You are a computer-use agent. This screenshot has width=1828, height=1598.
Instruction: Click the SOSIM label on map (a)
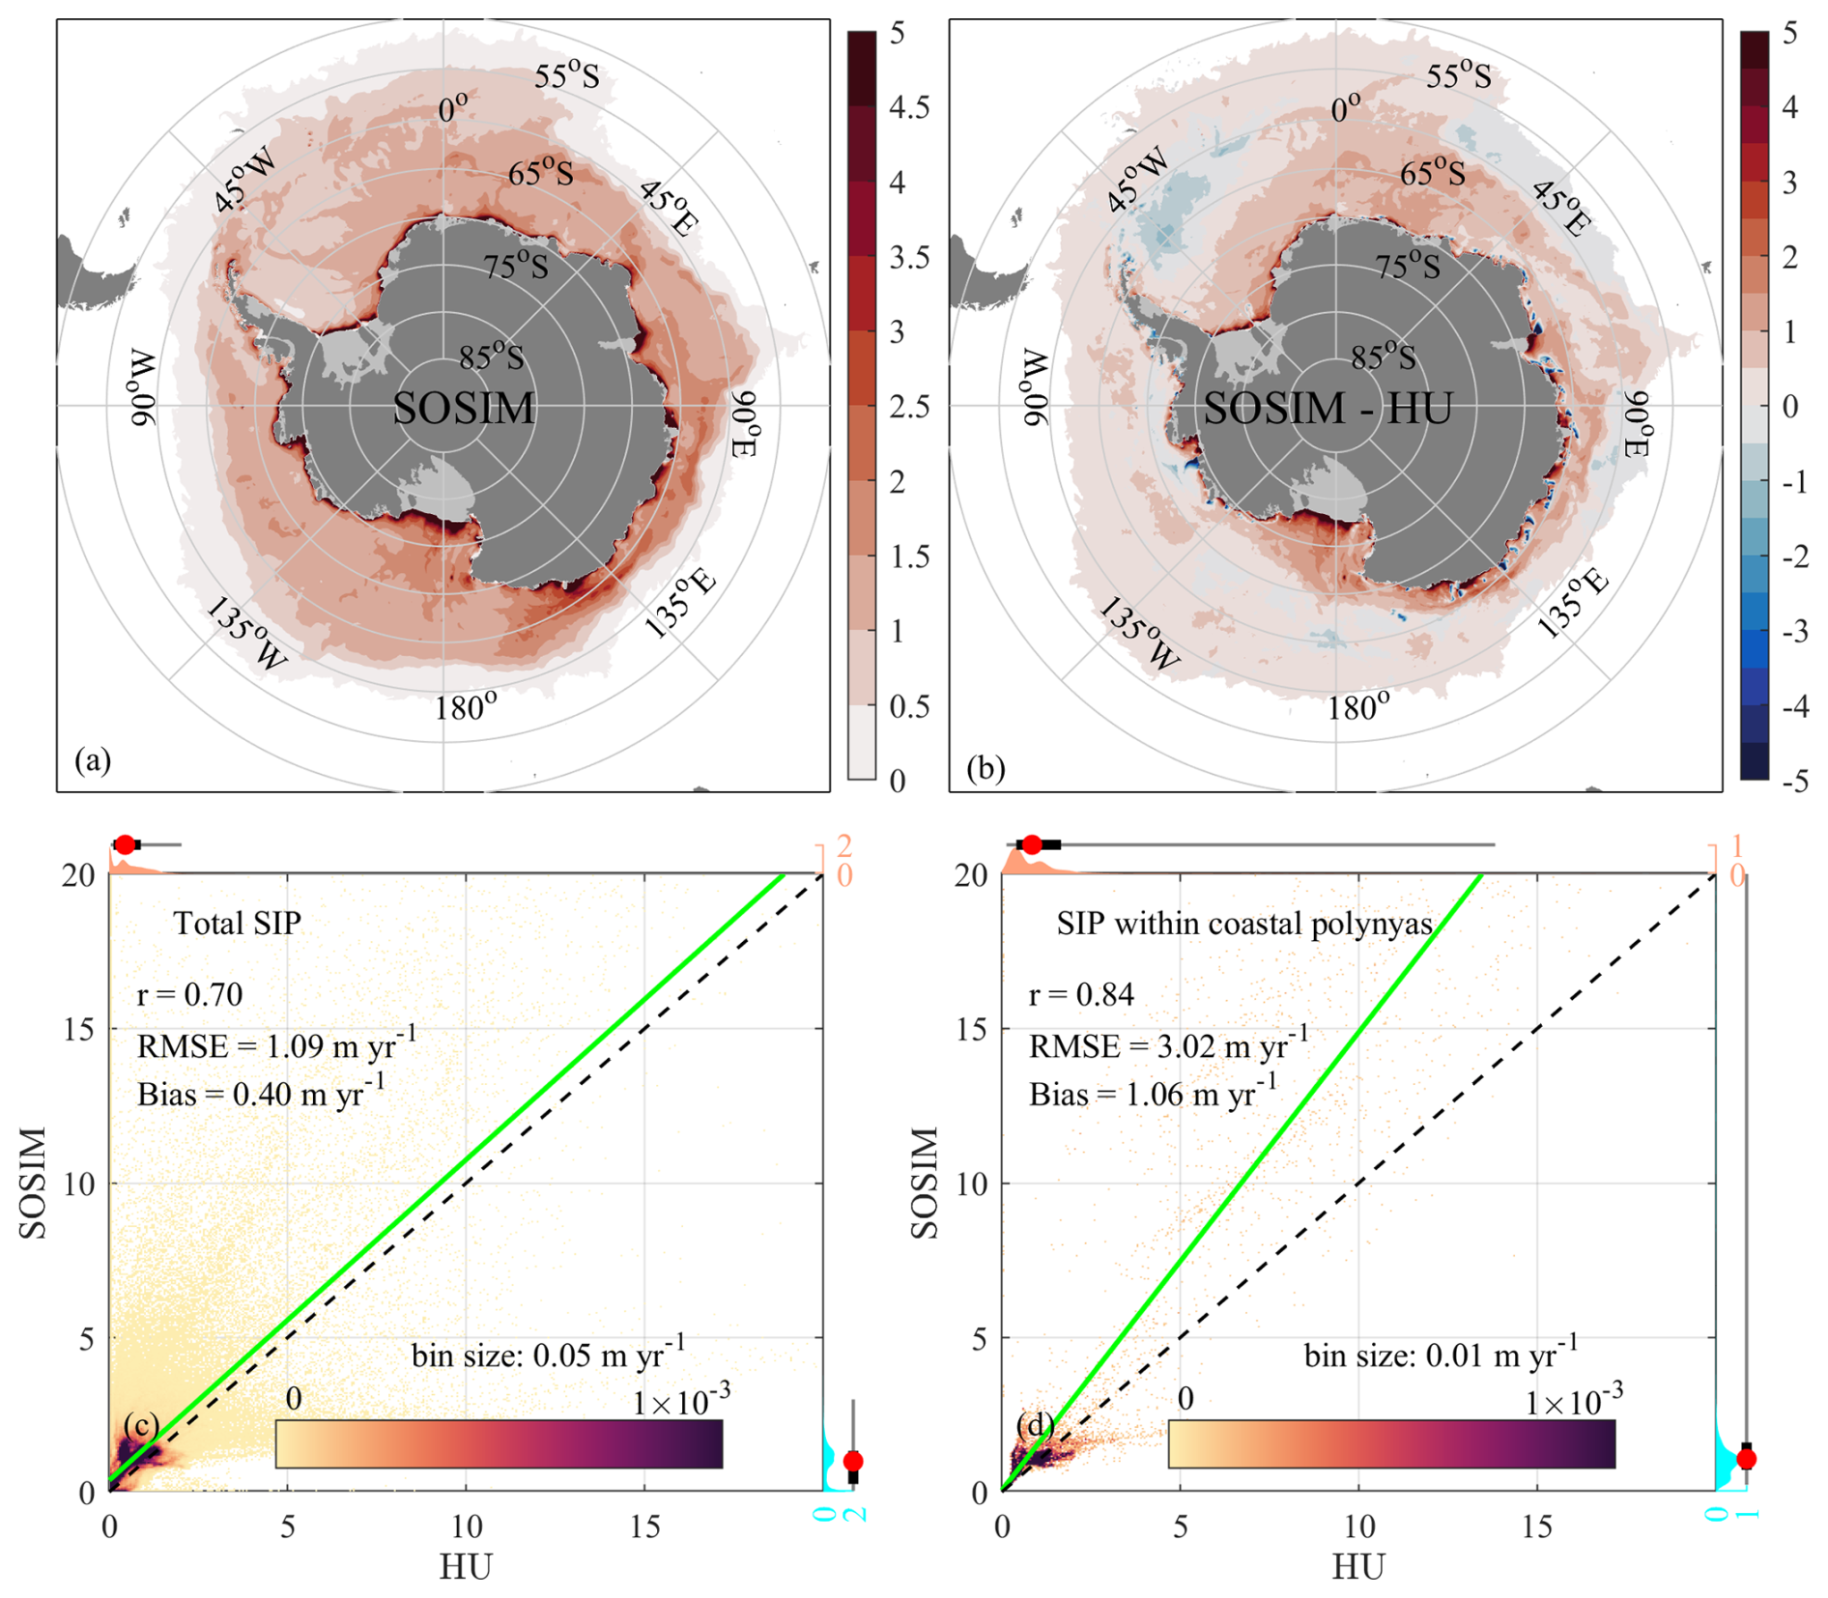pyautogui.click(x=463, y=408)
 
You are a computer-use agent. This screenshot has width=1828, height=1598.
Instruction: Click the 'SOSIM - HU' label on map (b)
pyautogui.click(x=1327, y=408)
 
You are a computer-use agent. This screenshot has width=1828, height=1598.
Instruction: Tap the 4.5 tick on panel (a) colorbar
pyautogui.click(x=908, y=107)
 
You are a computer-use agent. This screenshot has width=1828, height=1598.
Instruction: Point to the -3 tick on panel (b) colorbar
pyautogui.click(x=1794, y=632)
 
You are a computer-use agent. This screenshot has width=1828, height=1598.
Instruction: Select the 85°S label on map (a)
pyautogui.click(x=491, y=357)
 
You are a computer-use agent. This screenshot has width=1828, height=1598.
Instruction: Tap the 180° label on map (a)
pyautogui.click(x=465, y=707)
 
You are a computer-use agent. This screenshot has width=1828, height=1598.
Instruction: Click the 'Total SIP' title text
pyautogui.click(x=237, y=924)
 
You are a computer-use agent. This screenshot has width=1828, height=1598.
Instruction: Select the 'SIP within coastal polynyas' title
pyautogui.click(x=1243, y=924)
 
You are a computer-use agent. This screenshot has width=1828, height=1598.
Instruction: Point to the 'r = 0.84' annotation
pyautogui.click(x=1080, y=994)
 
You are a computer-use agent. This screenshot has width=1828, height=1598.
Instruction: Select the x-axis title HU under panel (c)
pyautogui.click(x=466, y=1566)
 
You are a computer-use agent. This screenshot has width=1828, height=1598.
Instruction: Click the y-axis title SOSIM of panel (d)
pyautogui.click(x=925, y=1183)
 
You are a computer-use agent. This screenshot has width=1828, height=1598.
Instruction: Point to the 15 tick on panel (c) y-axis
pyautogui.click(x=79, y=1029)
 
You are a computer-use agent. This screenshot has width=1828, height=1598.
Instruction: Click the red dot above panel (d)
pyautogui.click(x=1032, y=845)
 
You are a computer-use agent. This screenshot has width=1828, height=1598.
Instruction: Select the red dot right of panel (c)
pyautogui.click(x=852, y=1461)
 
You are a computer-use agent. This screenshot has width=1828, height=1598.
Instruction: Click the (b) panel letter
pyautogui.click(x=985, y=768)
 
